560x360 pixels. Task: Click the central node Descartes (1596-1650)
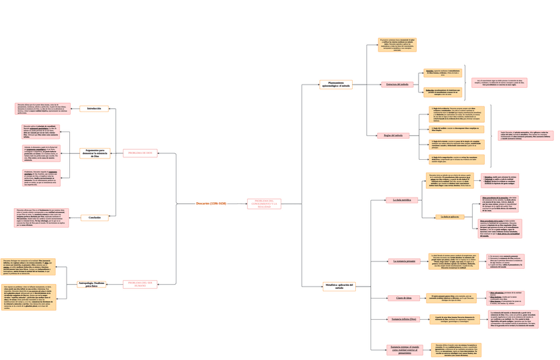[211, 203]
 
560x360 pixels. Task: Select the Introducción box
[94, 108]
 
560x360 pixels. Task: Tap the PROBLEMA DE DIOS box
[140, 153]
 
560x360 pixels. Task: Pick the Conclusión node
[94, 217]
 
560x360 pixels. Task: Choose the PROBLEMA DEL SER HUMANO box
[140, 284]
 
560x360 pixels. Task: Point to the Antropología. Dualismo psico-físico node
[92, 284]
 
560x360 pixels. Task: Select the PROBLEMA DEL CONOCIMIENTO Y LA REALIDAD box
[264, 204]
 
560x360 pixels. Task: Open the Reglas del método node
[393, 135]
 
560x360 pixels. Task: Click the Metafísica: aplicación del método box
[339, 287]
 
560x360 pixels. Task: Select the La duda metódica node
[402, 199]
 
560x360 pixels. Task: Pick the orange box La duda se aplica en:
[448, 217]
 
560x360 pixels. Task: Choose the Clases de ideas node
[403, 298]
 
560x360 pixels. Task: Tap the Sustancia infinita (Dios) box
[404, 319]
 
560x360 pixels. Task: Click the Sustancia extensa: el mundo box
[405, 349]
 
